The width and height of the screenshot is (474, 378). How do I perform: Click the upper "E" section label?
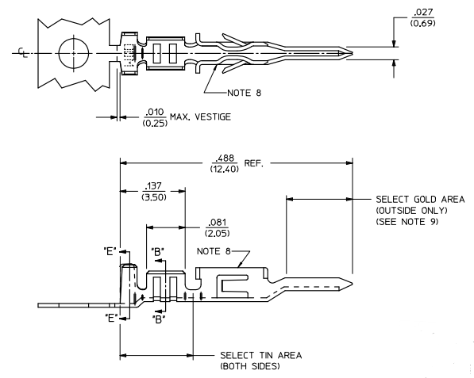coord(110,250)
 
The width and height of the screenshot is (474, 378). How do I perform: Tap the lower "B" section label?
coord(159,320)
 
